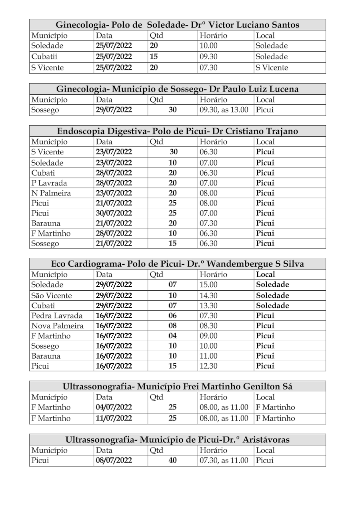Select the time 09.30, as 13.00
click(224, 110)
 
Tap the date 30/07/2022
click(114, 213)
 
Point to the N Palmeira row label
click(51, 193)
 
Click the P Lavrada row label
click(49, 183)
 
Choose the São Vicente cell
click(52, 295)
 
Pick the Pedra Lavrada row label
click(57, 316)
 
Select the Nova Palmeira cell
click(57, 326)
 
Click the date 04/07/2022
click(114, 407)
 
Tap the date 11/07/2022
click(114, 418)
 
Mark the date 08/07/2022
click(114, 460)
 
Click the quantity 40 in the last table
click(172, 460)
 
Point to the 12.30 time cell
click(209, 366)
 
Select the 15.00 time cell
click(209, 285)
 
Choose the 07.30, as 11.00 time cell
click(224, 460)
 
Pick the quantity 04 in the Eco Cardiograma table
click(172, 336)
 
